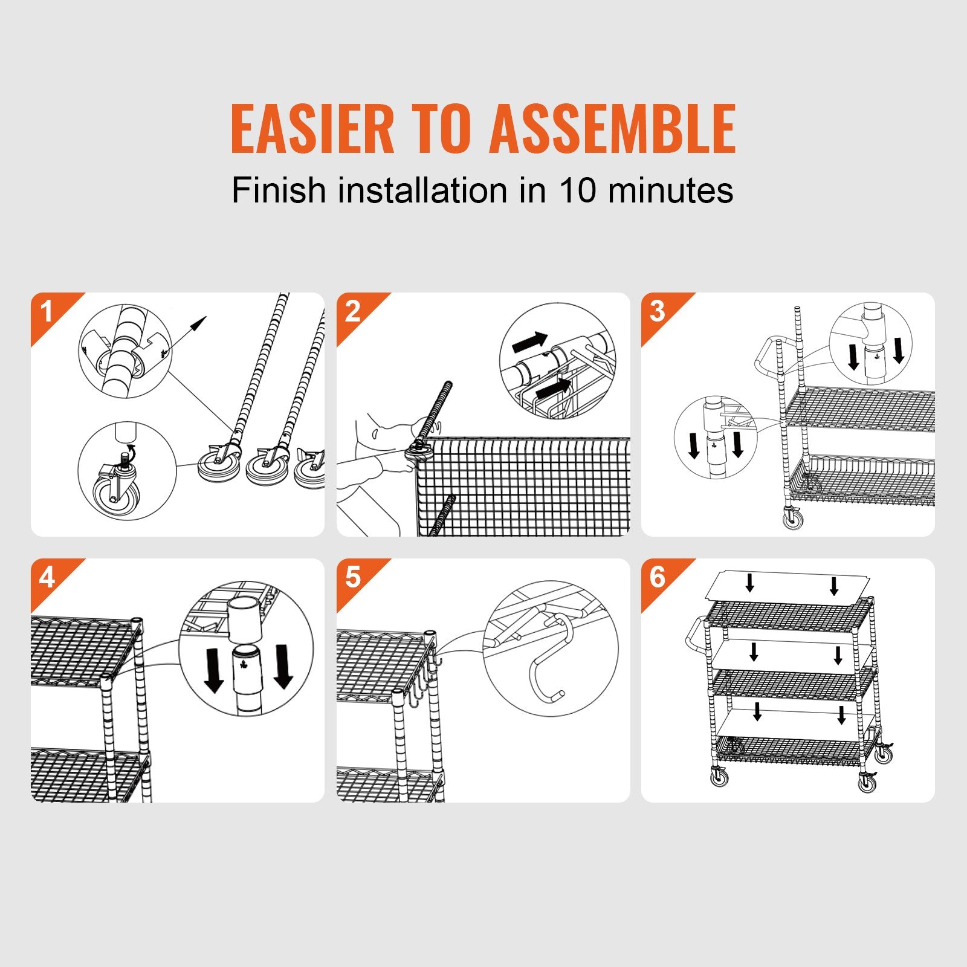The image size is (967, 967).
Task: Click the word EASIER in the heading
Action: click(x=312, y=129)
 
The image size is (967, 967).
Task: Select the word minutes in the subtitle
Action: click(x=670, y=190)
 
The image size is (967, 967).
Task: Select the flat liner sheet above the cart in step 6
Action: click(x=789, y=583)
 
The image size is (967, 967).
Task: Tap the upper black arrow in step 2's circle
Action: click(x=529, y=342)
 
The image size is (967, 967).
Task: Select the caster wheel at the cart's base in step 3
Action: click(x=793, y=518)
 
